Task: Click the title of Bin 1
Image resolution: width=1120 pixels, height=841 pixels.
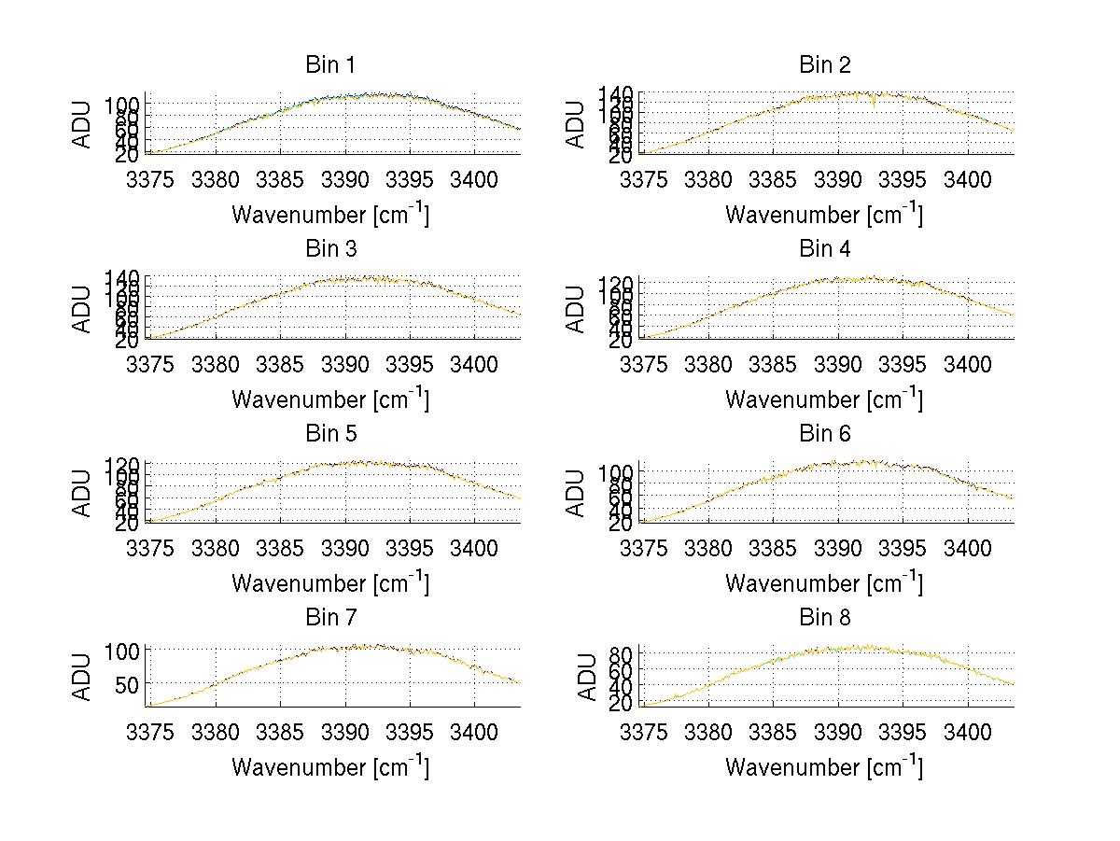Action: pyautogui.click(x=330, y=65)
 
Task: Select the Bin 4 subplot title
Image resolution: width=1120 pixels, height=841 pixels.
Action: pyautogui.click(x=824, y=249)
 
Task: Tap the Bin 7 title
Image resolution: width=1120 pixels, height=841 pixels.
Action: pyautogui.click(x=330, y=618)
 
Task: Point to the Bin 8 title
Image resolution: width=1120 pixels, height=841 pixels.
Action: pyautogui.click(x=824, y=618)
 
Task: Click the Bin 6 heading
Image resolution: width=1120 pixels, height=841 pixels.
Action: pyautogui.click(x=824, y=434)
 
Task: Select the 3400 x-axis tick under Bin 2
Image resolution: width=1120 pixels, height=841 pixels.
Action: pyautogui.click(x=968, y=179)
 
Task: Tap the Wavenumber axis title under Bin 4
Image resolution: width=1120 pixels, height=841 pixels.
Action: pyautogui.click(x=824, y=399)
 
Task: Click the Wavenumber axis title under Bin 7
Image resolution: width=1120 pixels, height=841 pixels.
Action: pyautogui.click(x=330, y=767)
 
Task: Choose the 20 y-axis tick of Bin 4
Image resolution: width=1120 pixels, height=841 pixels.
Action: pyautogui.click(x=620, y=342)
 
